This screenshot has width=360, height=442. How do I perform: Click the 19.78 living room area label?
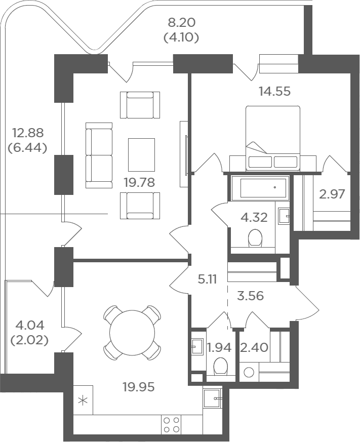pos(139,182)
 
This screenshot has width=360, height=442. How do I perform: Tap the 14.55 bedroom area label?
pos(274,91)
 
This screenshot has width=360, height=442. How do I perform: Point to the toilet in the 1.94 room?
pos(220,366)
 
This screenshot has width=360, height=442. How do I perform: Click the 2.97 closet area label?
pos(332,194)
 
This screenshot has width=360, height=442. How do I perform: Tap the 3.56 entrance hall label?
pos(250,296)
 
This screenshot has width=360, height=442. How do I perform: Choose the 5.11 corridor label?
pos(207,279)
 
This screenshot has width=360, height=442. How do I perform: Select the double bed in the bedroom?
pos(272,138)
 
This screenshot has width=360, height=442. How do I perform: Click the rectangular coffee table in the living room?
pos(141,155)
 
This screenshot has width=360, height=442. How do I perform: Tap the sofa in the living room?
pos(99,155)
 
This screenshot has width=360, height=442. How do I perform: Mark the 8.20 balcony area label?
pos(182,23)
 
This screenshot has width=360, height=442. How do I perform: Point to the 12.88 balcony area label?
pos(28,133)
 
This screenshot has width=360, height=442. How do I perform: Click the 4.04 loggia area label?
pos(30,326)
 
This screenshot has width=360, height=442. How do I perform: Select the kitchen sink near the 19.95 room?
pos(212,398)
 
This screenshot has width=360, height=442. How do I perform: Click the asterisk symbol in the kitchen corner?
pos(83,401)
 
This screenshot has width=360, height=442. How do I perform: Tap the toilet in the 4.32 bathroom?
pos(255,238)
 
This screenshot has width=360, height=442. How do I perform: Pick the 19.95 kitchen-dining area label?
pos(139,387)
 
